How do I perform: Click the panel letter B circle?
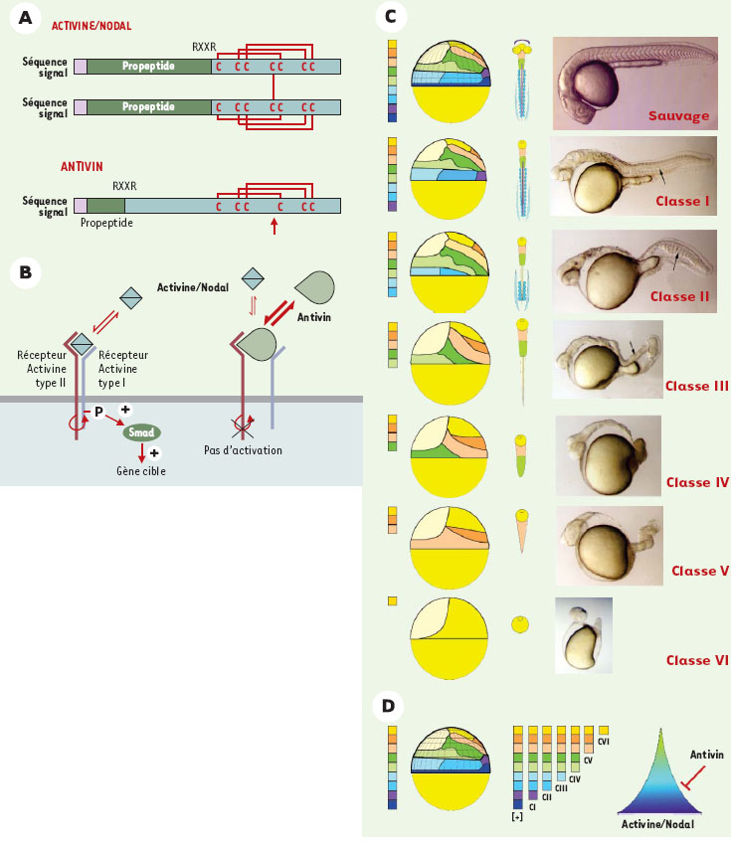[x=23, y=271]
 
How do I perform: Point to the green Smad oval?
[x=143, y=433]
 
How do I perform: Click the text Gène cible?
[x=138, y=470]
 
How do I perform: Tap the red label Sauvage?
[x=680, y=116]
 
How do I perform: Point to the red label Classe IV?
[x=697, y=482]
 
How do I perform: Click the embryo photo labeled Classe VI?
[x=583, y=636]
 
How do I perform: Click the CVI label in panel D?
[x=606, y=742]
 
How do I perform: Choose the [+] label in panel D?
[x=516, y=816]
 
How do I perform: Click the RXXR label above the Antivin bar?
[x=125, y=185]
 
